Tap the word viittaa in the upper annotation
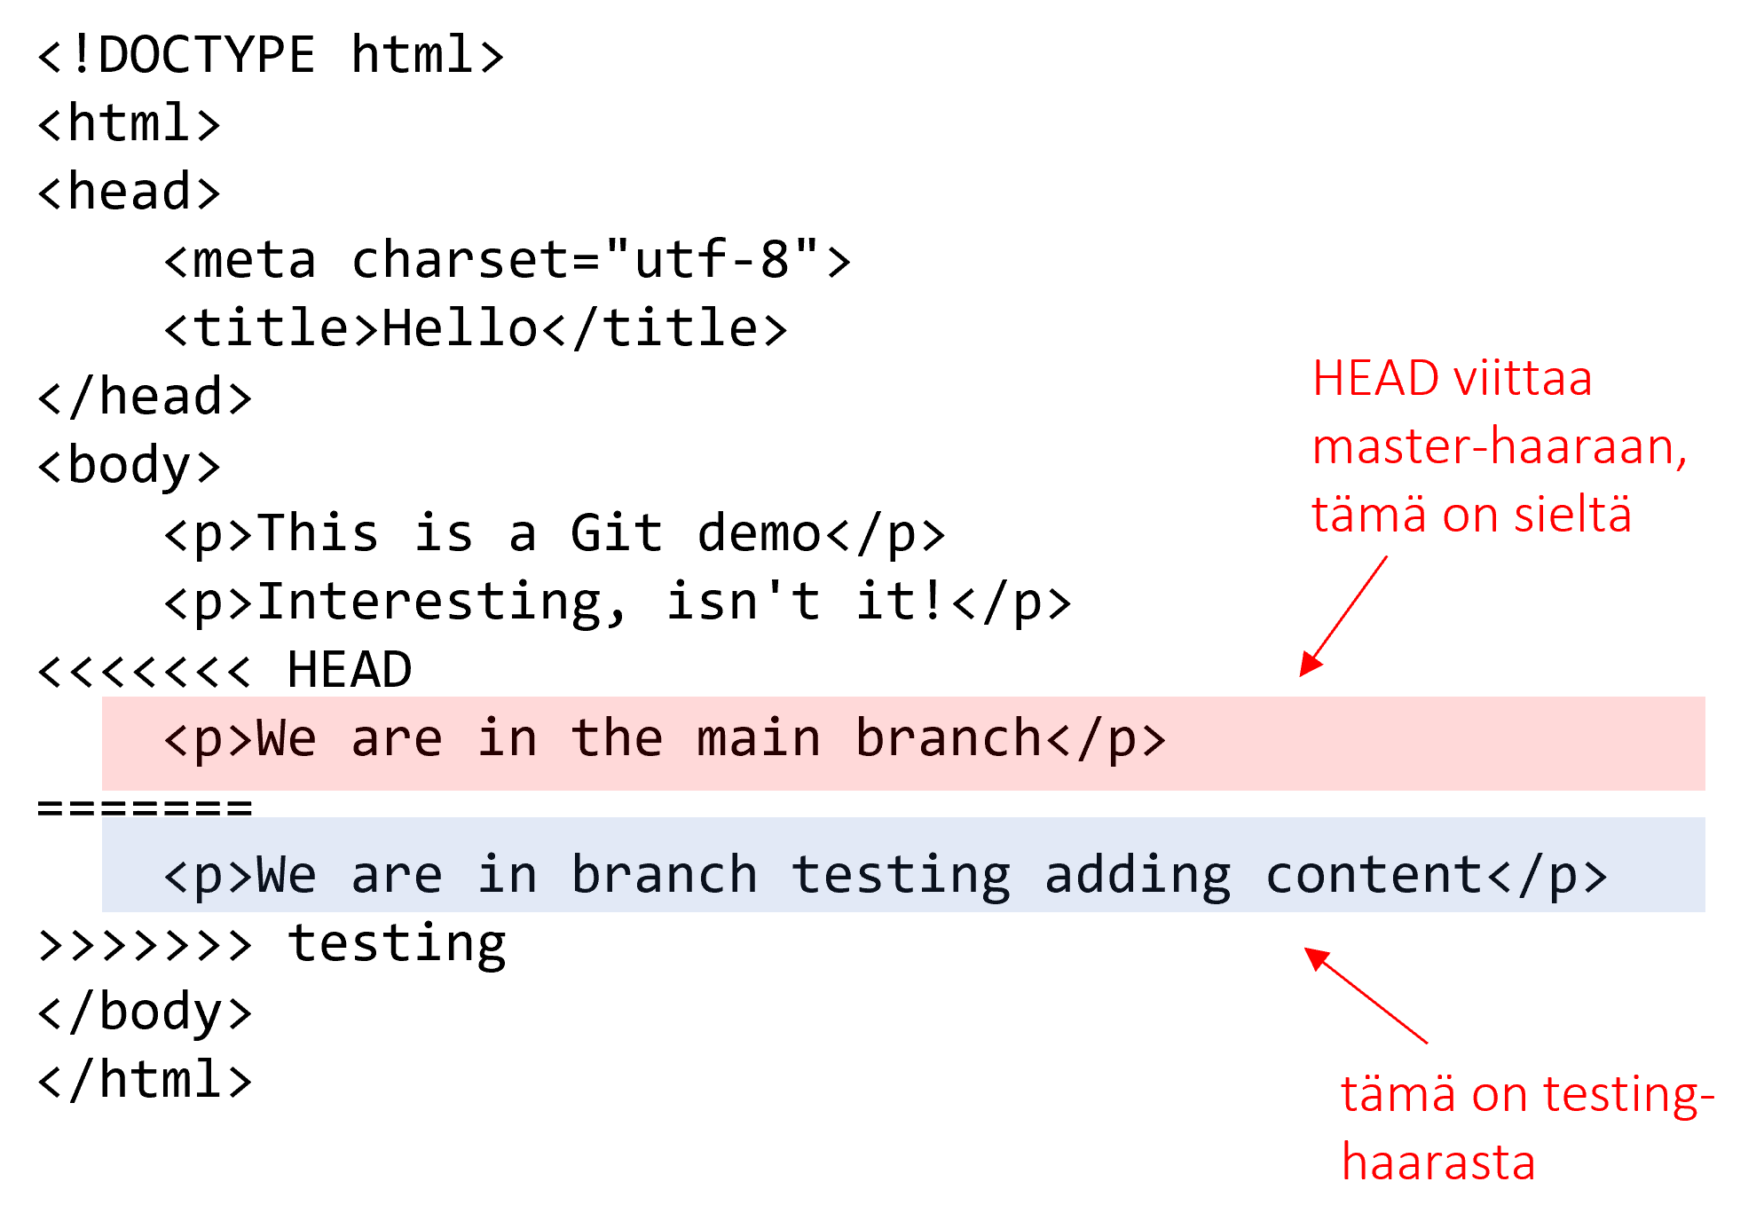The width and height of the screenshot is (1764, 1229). tap(1523, 379)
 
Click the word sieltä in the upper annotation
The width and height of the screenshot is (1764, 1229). tap(1572, 515)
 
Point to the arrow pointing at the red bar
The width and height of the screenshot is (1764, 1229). tap(1343, 618)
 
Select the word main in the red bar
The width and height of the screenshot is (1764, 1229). tap(759, 739)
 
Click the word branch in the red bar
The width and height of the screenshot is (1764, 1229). tap(949, 739)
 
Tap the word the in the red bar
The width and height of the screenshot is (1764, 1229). tap(618, 739)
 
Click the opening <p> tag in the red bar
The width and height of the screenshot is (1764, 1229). tap(209, 739)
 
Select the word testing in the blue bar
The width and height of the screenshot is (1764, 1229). tap(900, 876)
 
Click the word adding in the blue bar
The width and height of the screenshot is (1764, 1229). tap(1138, 876)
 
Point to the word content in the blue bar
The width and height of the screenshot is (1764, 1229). tap(1374, 876)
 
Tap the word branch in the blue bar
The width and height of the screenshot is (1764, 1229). tap(665, 876)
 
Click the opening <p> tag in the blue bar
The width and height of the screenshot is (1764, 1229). tap(209, 876)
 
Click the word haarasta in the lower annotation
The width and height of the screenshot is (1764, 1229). tap(1437, 1162)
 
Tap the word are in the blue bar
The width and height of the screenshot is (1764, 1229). tap(397, 876)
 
